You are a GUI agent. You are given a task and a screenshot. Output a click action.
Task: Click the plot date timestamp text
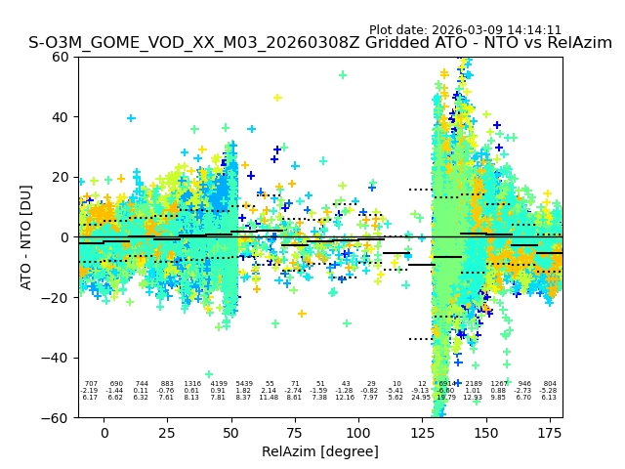pyautogui.click(x=465, y=30)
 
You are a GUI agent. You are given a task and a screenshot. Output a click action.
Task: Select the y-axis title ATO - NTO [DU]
pyautogui.click(x=26, y=237)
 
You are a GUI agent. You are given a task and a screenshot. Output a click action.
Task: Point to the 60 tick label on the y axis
pyautogui.click(x=61, y=57)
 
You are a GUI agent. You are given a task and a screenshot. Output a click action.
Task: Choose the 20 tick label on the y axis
pyautogui.click(x=61, y=177)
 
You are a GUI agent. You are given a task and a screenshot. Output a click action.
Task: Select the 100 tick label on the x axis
pyautogui.click(x=358, y=433)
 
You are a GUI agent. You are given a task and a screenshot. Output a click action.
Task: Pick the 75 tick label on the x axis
pyautogui.click(x=295, y=433)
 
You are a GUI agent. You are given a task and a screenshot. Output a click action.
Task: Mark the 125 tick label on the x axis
pyautogui.click(x=422, y=433)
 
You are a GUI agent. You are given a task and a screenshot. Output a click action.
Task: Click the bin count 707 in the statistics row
pyautogui.click(x=91, y=384)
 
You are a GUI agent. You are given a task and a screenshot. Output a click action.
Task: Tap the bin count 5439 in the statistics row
pyautogui.click(x=243, y=384)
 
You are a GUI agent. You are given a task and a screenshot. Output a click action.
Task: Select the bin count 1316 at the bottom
pyautogui.click(x=192, y=384)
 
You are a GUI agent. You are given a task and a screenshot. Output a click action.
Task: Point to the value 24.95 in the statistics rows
pyautogui.click(x=422, y=398)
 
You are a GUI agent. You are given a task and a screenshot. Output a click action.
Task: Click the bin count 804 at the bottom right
pyautogui.click(x=550, y=384)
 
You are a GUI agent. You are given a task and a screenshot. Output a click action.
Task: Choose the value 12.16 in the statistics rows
pyautogui.click(x=346, y=398)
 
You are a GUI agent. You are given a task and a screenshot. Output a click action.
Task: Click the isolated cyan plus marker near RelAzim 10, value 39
pyautogui.click(x=131, y=118)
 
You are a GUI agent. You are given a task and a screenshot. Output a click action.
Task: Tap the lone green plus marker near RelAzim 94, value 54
pyautogui.click(x=343, y=74)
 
